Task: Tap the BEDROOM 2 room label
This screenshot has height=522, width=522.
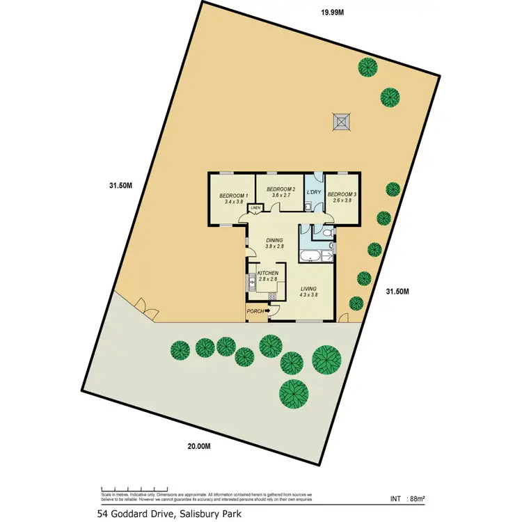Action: (282, 189)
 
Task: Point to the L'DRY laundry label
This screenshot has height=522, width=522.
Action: (314, 191)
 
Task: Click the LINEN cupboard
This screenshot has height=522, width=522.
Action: (255, 207)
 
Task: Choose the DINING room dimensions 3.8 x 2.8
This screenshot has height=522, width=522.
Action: (275, 246)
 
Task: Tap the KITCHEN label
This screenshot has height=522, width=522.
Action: (268, 274)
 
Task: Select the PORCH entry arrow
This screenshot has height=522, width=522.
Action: (267, 311)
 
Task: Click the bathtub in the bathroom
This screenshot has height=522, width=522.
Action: (309, 255)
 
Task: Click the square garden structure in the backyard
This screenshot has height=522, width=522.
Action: (340, 122)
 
